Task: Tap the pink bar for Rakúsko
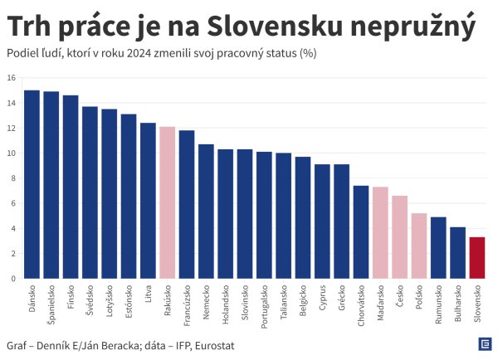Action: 167,202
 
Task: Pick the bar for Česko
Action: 400,237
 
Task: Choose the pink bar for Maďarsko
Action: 380,233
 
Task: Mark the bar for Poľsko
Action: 419,246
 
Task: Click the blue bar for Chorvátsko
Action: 361,232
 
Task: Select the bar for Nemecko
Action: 206,212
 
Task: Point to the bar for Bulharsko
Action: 458,253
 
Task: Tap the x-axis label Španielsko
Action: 51,304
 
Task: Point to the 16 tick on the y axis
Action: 12,78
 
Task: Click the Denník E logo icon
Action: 485,344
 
